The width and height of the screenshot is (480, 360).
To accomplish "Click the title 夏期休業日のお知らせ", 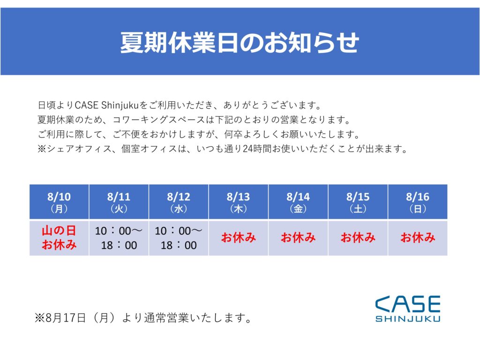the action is (x=240, y=42).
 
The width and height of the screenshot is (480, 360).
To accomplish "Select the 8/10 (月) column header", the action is (x=59, y=202).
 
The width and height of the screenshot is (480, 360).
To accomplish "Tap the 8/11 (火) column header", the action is (x=119, y=202).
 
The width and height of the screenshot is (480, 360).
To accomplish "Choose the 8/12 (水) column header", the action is (x=179, y=202).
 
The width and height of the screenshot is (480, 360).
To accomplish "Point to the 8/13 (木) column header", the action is (x=239, y=202).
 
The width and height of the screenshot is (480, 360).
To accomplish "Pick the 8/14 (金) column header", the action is (x=298, y=202).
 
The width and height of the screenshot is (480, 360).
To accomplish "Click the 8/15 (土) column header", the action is (x=358, y=202).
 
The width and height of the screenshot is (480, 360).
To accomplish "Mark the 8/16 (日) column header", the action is (x=418, y=202).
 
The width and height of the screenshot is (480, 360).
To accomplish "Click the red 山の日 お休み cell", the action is (x=59, y=238).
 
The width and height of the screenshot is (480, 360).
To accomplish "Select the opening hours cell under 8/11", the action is (x=119, y=238).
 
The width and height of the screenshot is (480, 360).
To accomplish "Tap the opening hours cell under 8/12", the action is (x=179, y=238).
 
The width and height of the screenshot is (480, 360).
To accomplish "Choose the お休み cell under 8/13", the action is (x=239, y=238).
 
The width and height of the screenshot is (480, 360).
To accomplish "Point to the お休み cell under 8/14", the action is (x=298, y=238).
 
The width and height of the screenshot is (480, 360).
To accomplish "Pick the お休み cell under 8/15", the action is (x=358, y=238).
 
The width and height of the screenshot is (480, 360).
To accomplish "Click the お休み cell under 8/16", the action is (x=418, y=238).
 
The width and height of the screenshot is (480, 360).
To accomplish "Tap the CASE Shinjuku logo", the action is (x=408, y=308).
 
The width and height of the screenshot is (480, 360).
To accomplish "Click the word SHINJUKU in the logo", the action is (x=408, y=319).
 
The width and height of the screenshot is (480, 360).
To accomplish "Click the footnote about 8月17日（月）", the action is (x=143, y=318).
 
